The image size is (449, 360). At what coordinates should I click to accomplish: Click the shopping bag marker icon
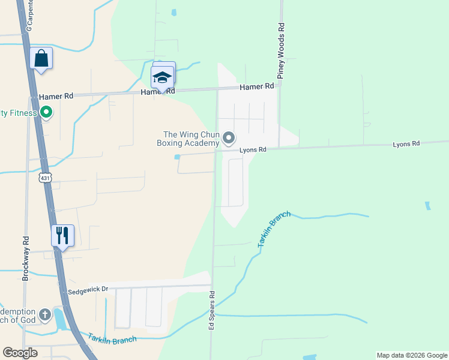tap(41, 59)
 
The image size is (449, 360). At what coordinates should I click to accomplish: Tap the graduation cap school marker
tap(162, 77)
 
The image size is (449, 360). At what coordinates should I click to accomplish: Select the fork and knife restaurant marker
tap(62, 236)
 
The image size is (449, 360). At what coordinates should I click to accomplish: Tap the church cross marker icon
tap(45, 314)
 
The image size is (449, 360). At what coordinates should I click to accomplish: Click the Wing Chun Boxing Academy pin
tap(229, 139)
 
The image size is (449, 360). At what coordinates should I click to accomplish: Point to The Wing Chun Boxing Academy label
tap(188, 139)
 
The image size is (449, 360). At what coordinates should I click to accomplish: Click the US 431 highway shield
tap(45, 178)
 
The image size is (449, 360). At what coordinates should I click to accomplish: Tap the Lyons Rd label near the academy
tap(253, 150)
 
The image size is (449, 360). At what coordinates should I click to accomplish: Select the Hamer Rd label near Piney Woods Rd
tap(256, 87)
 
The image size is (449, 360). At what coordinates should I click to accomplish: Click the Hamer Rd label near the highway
tap(56, 96)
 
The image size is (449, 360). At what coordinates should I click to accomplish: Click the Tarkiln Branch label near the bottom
tap(112, 338)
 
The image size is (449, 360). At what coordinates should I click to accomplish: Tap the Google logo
tap(20, 353)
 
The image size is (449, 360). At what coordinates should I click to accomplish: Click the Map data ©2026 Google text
tap(412, 355)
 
